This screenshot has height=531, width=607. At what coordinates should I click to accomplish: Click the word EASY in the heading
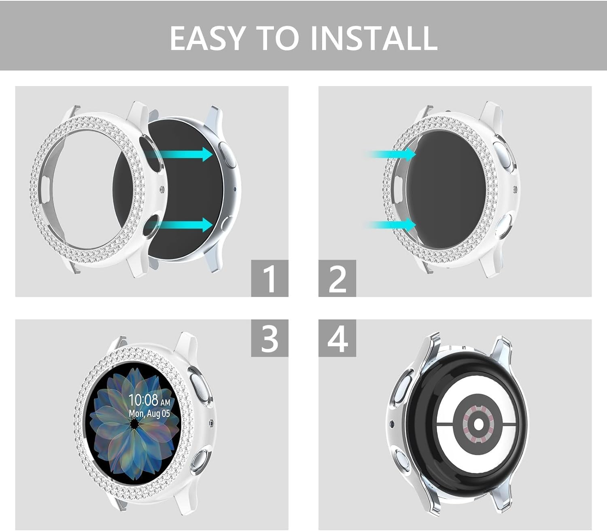pyautogui.click(x=206, y=38)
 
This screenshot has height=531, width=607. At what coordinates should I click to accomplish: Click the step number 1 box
pyautogui.click(x=270, y=278)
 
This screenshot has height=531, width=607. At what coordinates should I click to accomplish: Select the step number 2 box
pyautogui.click(x=337, y=278)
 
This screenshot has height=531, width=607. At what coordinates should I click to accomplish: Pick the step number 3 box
pyautogui.click(x=270, y=338)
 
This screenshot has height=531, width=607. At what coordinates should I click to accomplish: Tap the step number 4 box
pyautogui.click(x=337, y=338)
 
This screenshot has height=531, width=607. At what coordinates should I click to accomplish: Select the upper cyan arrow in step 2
pyautogui.click(x=390, y=154)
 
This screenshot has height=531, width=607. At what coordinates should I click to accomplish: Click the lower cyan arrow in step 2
pyautogui.click(x=390, y=225)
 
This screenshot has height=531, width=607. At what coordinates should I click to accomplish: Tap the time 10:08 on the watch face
pyautogui.click(x=143, y=400)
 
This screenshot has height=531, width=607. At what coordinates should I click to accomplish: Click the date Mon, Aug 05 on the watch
pyautogui.click(x=150, y=413)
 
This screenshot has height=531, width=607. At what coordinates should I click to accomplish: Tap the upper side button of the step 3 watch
pyautogui.click(x=200, y=388)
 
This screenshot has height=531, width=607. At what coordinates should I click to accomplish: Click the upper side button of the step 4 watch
pyautogui.click(x=404, y=385)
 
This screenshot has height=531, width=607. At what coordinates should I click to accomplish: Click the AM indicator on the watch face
pyautogui.click(x=165, y=403)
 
